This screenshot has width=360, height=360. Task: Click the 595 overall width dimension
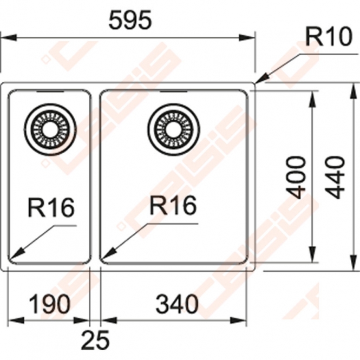130,20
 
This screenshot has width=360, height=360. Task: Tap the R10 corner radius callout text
329,36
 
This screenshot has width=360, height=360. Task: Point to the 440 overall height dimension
336,177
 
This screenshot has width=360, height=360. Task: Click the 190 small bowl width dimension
49,304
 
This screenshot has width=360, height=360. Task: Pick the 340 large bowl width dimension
176,304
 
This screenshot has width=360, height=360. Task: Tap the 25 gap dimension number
95,340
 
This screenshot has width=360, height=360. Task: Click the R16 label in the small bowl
51,207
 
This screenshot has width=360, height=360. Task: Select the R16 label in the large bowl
173,205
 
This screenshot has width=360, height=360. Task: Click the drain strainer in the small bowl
50,129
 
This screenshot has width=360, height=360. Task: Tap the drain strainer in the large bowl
174,129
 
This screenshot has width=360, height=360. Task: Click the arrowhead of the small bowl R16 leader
16,254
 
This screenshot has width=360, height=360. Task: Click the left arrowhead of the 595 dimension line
9,38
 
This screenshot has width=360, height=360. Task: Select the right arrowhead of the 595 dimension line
247,38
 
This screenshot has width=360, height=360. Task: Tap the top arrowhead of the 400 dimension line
312,99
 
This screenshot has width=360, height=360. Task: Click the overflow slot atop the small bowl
50,92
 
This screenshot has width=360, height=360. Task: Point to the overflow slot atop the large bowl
173,92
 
